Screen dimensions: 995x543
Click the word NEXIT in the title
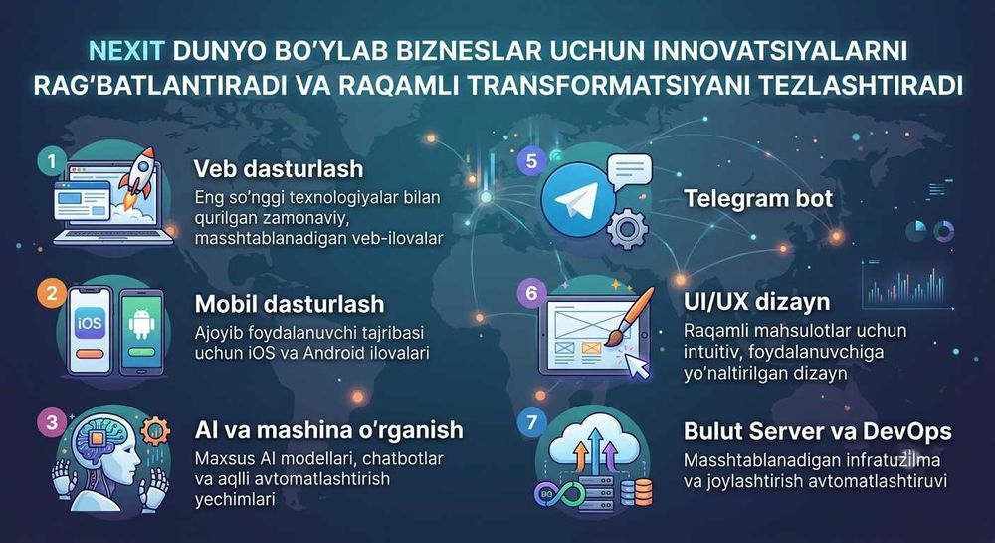[127, 51]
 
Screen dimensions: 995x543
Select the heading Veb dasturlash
[278, 169]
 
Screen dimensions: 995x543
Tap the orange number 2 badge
[51, 294]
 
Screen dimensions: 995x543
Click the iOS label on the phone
[90, 323]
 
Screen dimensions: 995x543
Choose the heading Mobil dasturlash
[290, 304]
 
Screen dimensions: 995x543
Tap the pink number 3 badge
[51, 422]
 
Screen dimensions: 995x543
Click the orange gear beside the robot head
[155, 431]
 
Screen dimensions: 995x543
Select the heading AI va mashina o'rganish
[328, 430]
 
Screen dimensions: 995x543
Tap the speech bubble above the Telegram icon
[629, 170]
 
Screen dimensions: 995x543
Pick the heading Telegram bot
[757, 199]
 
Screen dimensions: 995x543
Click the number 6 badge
[531, 293]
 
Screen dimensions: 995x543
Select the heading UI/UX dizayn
[756, 302]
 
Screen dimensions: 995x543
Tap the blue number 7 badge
[531, 421]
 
